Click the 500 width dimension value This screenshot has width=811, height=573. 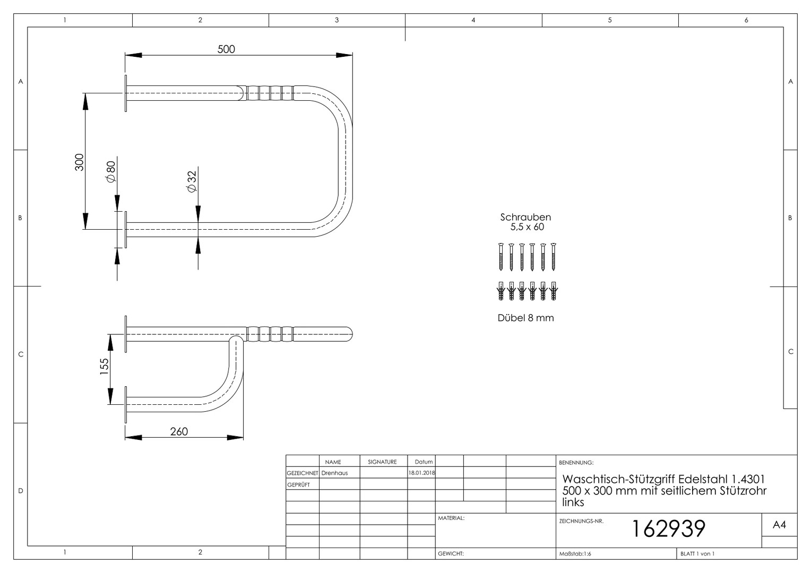[x=226, y=49]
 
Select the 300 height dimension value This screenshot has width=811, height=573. [x=79, y=162]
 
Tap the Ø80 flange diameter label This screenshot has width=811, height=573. [x=111, y=171]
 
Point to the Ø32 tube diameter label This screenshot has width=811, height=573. [x=192, y=181]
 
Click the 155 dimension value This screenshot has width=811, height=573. [x=104, y=366]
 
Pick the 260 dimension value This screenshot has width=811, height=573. [x=179, y=431]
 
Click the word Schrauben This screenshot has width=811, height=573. [x=525, y=217]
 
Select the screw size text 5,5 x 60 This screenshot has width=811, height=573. [x=527, y=227]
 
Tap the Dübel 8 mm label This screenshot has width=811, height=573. [x=525, y=318]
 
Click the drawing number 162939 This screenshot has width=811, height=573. [x=668, y=528]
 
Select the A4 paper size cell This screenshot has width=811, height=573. [x=779, y=525]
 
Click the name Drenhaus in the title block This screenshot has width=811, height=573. [x=334, y=473]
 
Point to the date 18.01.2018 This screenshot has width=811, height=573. [x=422, y=473]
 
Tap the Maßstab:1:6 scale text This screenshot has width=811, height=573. [x=575, y=554]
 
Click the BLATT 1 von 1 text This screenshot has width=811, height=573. [x=697, y=554]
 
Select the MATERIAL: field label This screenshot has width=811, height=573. [x=451, y=518]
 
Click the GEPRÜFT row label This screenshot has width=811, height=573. [x=299, y=485]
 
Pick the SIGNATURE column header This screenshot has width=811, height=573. [x=382, y=462]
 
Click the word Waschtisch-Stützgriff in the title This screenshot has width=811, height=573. [x=619, y=479]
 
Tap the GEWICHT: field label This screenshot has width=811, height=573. [x=451, y=553]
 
